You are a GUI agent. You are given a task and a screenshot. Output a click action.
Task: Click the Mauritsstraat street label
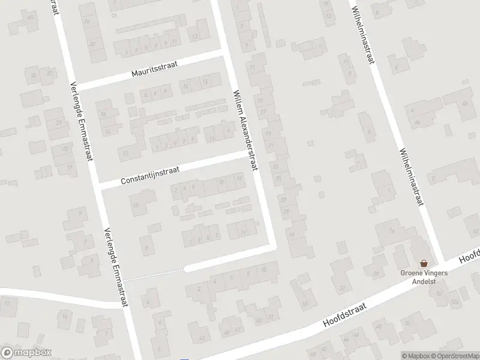155,71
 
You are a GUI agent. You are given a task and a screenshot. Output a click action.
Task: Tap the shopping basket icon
425,263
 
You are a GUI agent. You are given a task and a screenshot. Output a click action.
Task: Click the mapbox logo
26,352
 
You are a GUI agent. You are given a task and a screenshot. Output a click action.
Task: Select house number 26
88,22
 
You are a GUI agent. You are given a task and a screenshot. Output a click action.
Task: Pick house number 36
34,74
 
